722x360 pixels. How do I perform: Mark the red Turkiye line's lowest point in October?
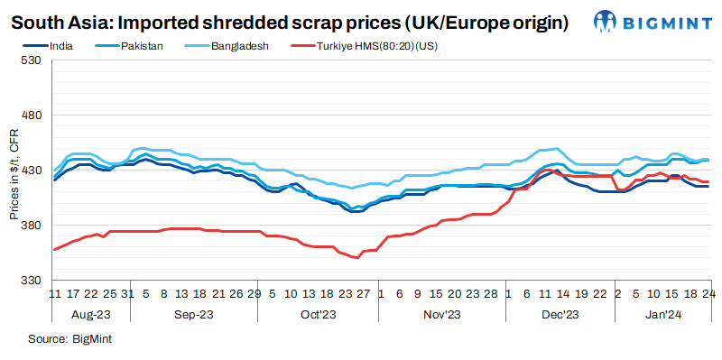click(357, 257)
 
